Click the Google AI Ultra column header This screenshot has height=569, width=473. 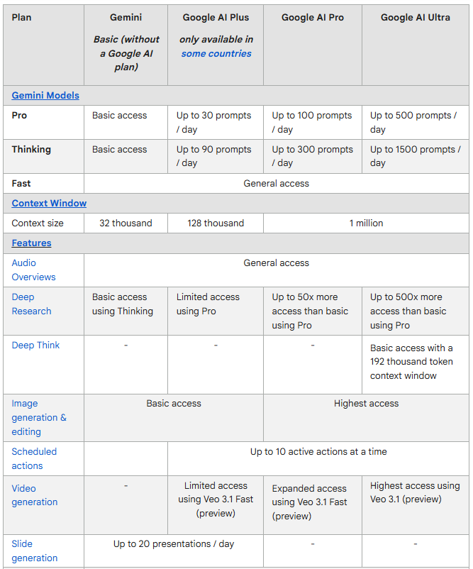click(415, 17)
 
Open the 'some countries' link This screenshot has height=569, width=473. click(216, 53)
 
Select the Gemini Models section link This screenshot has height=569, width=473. click(45, 95)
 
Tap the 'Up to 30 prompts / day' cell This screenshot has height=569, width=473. click(213, 122)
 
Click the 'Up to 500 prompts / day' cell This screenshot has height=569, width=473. click(413, 122)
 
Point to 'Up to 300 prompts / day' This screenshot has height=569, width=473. click(312, 156)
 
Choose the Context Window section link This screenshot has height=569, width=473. click(49, 203)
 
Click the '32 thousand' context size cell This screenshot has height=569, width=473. click(126, 223)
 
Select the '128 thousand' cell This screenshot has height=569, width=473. click(216, 223)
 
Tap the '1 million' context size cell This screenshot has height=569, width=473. click(366, 223)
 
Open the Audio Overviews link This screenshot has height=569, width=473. click(33, 270)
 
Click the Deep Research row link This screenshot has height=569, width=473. click(31, 304)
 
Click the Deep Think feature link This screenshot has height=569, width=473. click(35, 345)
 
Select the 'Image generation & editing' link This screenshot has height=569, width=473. click(38, 417)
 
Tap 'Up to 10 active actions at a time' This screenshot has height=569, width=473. click(318, 451)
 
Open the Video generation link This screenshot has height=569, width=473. click(34, 495)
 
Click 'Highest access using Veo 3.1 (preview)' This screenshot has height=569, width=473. click(415, 492)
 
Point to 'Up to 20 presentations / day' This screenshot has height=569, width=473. click(174, 543)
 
